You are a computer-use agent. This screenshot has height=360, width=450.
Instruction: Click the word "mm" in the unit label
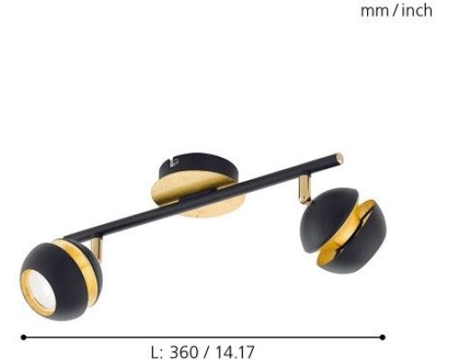pyautogui.click(x=373, y=12)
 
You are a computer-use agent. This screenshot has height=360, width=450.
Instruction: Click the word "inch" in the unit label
pyautogui.click(x=416, y=12)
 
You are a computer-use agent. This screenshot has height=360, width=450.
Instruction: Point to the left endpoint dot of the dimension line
pyautogui.click(x=22, y=337)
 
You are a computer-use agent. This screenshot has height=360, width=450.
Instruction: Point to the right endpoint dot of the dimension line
pyautogui.click(x=382, y=337)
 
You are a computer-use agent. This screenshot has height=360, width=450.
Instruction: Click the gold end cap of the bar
pyautogui.click(x=339, y=158)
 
